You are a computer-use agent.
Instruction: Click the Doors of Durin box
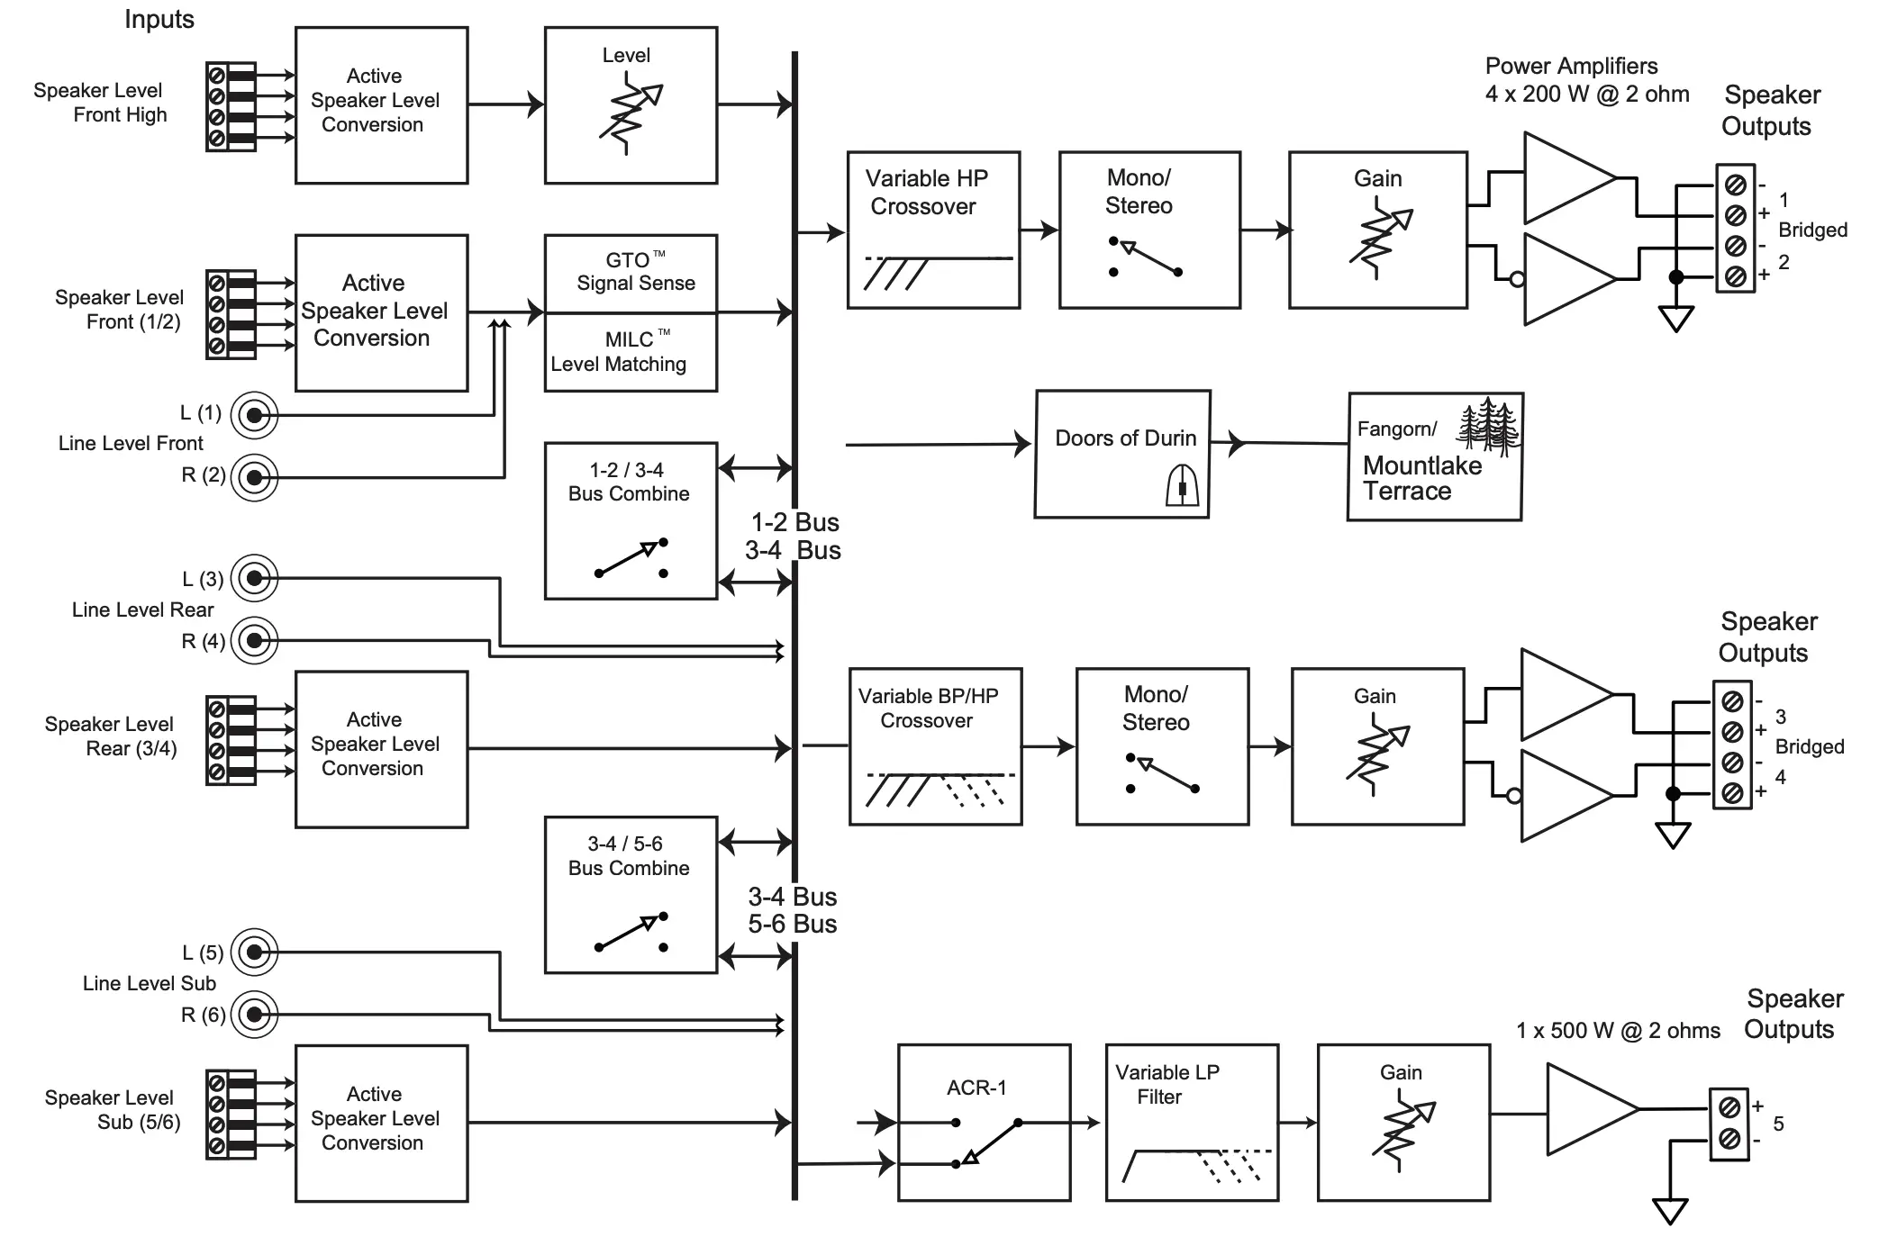[x=1121, y=454]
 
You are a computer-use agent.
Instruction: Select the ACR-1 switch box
[x=984, y=1123]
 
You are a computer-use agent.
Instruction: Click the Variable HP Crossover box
[x=933, y=230]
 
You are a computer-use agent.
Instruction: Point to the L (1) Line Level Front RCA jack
[x=254, y=415]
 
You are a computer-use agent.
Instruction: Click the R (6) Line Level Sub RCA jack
[x=254, y=1015]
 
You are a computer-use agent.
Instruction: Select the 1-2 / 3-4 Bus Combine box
[x=631, y=520]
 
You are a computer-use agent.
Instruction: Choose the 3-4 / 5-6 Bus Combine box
[x=631, y=895]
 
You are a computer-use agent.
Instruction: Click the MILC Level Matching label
[x=619, y=352]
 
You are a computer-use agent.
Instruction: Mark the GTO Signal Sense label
[x=635, y=272]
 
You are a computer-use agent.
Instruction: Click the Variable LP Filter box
[x=1192, y=1123]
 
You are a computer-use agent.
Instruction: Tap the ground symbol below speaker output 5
[x=1669, y=1212]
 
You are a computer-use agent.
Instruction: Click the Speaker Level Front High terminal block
[x=231, y=106]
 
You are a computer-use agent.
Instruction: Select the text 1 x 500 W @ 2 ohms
[x=1618, y=1031]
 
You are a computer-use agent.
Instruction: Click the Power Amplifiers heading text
[x=1571, y=67]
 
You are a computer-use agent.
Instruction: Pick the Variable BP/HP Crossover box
[x=935, y=746]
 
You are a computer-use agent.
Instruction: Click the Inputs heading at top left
[x=159, y=20]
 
